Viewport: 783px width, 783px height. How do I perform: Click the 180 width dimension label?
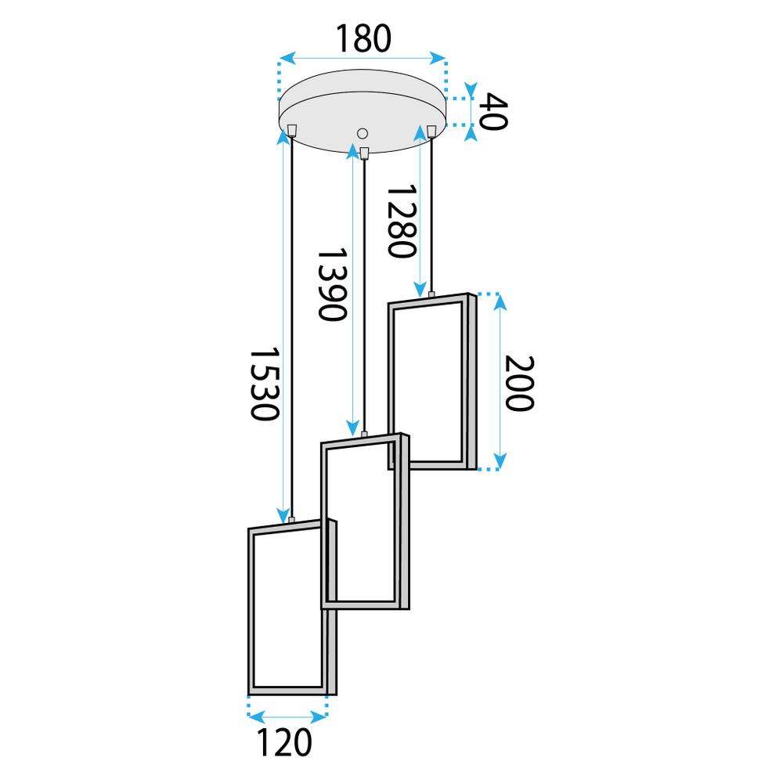pos(363,39)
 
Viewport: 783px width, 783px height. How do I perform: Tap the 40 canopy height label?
pos(493,111)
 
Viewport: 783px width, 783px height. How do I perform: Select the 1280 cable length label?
pos(399,222)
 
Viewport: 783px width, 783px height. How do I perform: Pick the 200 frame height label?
pos(518,383)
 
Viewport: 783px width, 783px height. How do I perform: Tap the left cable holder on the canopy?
pos(291,130)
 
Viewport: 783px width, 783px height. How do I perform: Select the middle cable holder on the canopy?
pos(363,151)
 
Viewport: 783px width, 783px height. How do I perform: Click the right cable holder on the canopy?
pos(431,130)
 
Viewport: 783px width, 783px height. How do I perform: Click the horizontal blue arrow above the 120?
pos(287,715)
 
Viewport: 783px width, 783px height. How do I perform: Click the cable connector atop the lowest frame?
pos(291,520)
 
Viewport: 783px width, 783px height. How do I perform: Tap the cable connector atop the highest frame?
pos(431,294)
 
